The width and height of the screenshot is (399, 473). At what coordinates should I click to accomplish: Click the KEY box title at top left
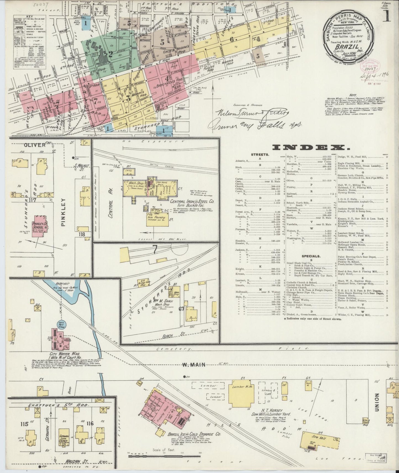pos(27,17)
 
